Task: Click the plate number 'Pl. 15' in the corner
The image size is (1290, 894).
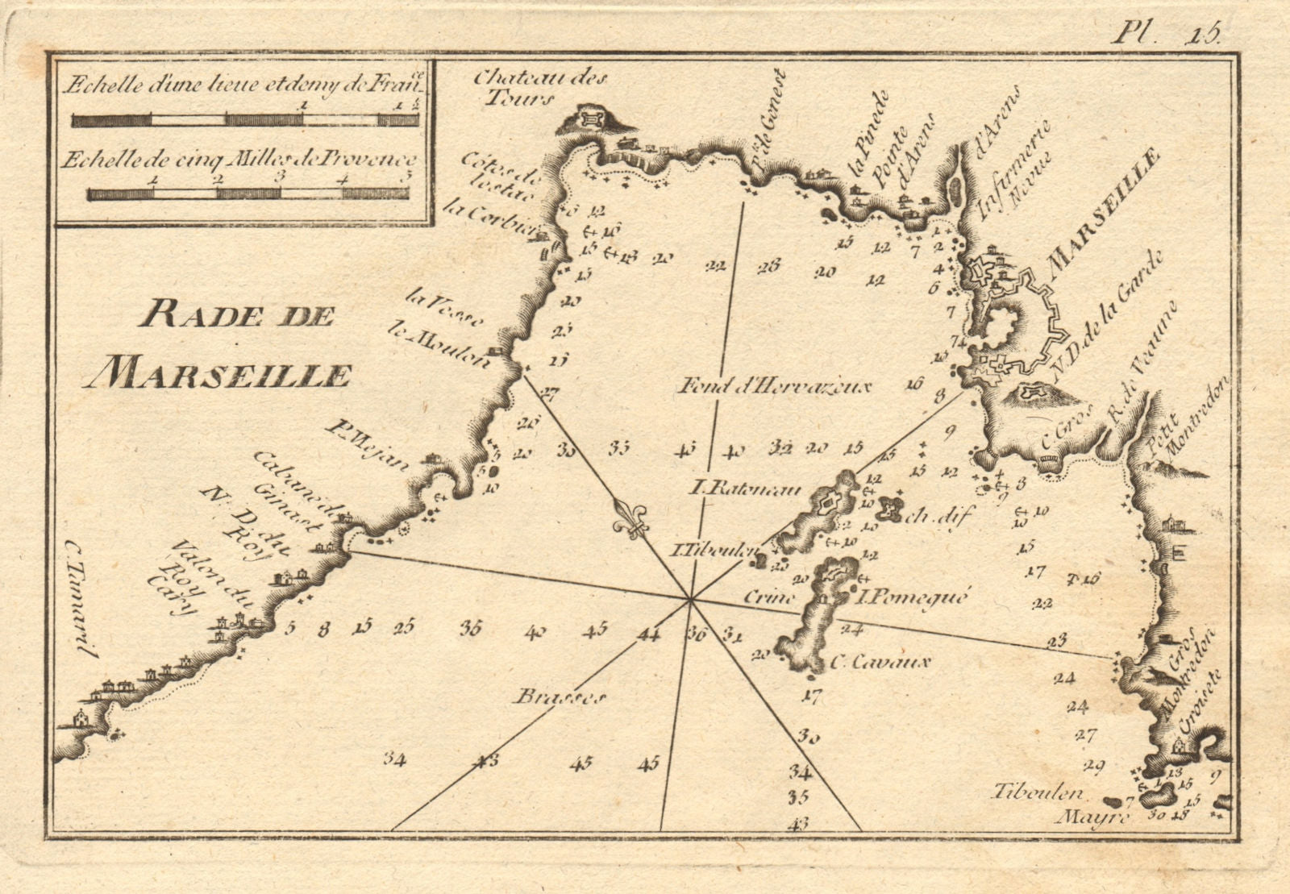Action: tap(1167, 33)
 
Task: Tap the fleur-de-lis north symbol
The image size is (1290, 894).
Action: tap(631, 519)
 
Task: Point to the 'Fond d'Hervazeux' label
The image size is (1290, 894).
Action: tap(775, 387)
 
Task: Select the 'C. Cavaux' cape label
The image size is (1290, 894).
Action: tap(880, 663)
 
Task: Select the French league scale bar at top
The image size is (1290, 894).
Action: tap(244, 120)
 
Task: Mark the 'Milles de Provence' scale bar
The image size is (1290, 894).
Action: tap(247, 193)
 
